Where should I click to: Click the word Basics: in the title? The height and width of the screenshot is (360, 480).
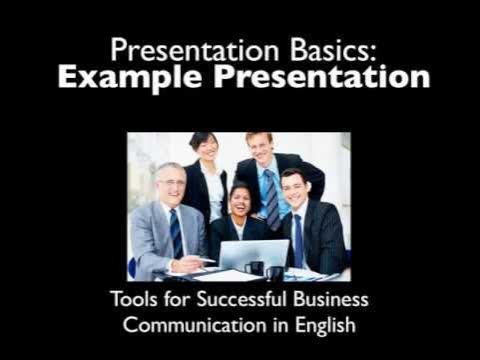[319, 47]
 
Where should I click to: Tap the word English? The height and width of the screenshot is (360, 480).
[325, 327]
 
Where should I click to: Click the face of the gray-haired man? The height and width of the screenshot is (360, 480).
[170, 186]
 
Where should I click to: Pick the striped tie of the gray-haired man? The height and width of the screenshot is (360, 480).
[176, 234]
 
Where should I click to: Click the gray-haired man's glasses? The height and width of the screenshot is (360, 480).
[172, 184]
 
